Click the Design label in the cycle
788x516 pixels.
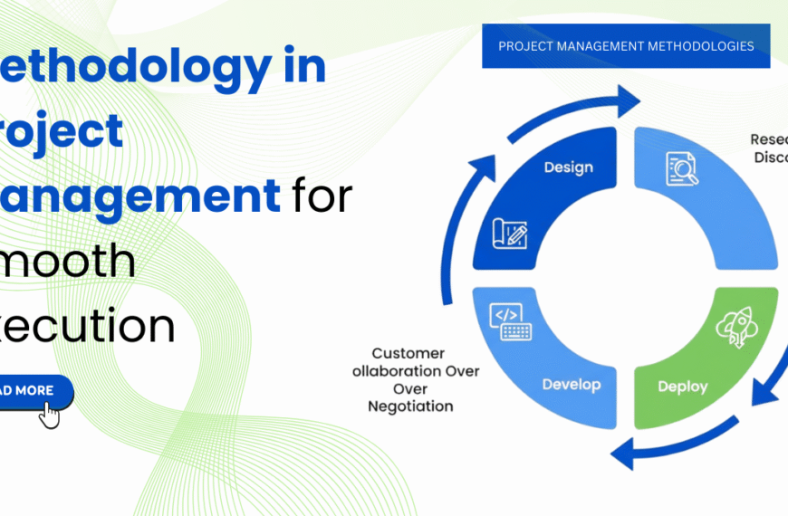pos(568,167)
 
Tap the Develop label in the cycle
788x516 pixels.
pos(571,385)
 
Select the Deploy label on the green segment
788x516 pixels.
pos(682,387)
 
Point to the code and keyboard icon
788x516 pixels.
pos(511,322)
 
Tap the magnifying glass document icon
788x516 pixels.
pos(681,168)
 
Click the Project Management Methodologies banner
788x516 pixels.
pos(625,46)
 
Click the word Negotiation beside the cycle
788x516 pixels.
pos(409,406)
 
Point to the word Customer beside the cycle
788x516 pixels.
pos(408,353)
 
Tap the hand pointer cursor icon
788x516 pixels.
pos(49,415)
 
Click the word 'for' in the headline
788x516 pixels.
pos(322,196)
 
